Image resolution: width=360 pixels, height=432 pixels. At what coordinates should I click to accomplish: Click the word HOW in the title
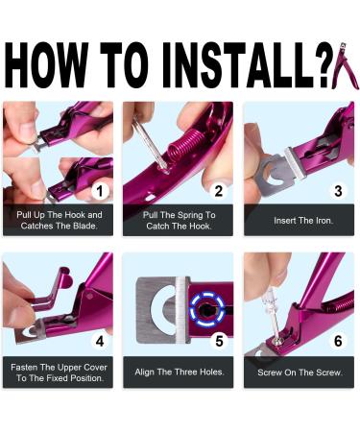[47, 64]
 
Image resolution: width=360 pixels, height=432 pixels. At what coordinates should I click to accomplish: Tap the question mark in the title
[324, 64]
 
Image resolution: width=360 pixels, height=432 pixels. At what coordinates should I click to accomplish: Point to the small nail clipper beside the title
[343, 65]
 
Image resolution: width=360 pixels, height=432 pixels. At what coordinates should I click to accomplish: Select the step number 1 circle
[100, 191]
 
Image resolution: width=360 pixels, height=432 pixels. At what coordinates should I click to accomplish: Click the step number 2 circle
[219, 191]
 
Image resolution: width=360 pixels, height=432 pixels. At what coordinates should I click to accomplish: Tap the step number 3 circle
[338, 191]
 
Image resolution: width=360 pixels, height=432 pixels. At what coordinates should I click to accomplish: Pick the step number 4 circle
[100, 341]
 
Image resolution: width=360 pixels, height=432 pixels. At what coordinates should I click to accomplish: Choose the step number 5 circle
[219, 341]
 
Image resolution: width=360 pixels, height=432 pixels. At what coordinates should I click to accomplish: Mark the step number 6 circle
[338, 341]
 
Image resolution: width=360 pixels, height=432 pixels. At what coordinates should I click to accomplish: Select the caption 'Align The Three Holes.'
[180, 372]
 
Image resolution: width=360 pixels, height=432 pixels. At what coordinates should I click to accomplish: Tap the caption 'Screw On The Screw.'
[300, 372]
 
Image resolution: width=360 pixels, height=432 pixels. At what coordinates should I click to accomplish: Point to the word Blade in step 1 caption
[84, 226]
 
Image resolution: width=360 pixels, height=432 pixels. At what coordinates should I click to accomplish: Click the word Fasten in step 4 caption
[24, 367]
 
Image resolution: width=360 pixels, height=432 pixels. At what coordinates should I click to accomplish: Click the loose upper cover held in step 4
[51, 290]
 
